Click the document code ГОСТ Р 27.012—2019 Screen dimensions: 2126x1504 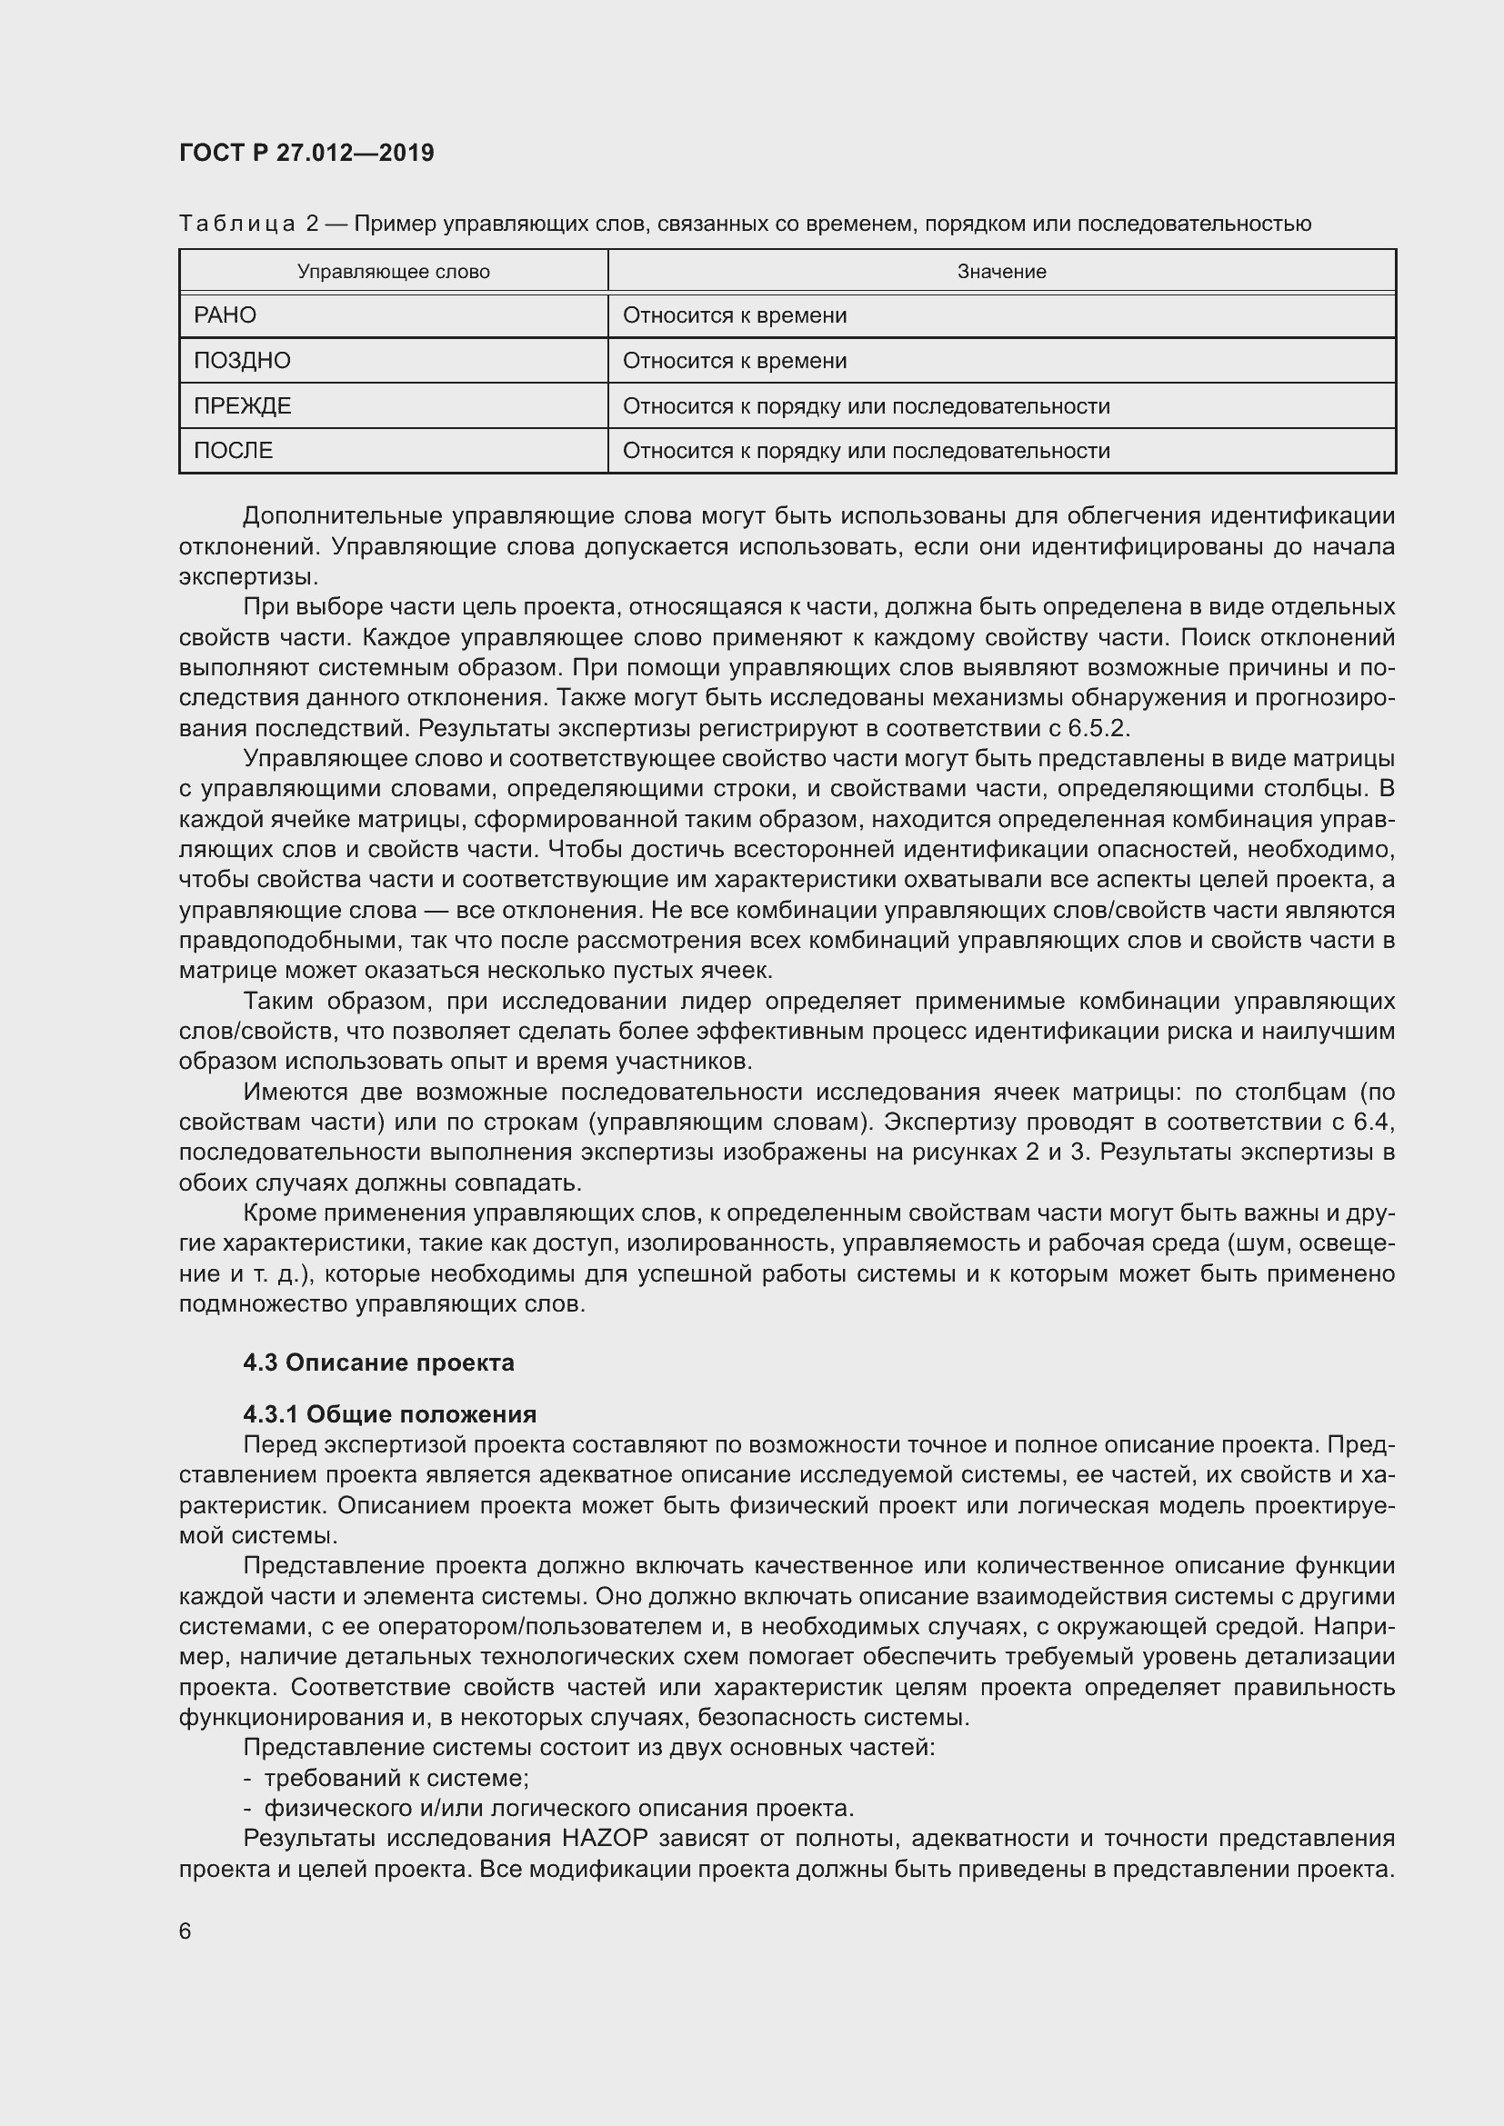(306, 153)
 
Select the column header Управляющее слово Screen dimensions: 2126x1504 (394, 271)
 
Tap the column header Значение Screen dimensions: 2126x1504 (1001, 271)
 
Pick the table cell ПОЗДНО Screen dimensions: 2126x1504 (242, 361)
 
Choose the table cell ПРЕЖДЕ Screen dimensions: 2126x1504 (243, 405)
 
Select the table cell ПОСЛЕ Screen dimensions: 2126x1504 (234, 451)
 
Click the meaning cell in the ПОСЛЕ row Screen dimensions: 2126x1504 (866, 451)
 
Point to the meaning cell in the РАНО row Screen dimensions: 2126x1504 (735, 315)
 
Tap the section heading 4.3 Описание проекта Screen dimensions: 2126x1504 (379, 1362)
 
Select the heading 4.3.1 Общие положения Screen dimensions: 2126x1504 (390, 1414)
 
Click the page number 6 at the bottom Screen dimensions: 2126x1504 (185, 1931)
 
